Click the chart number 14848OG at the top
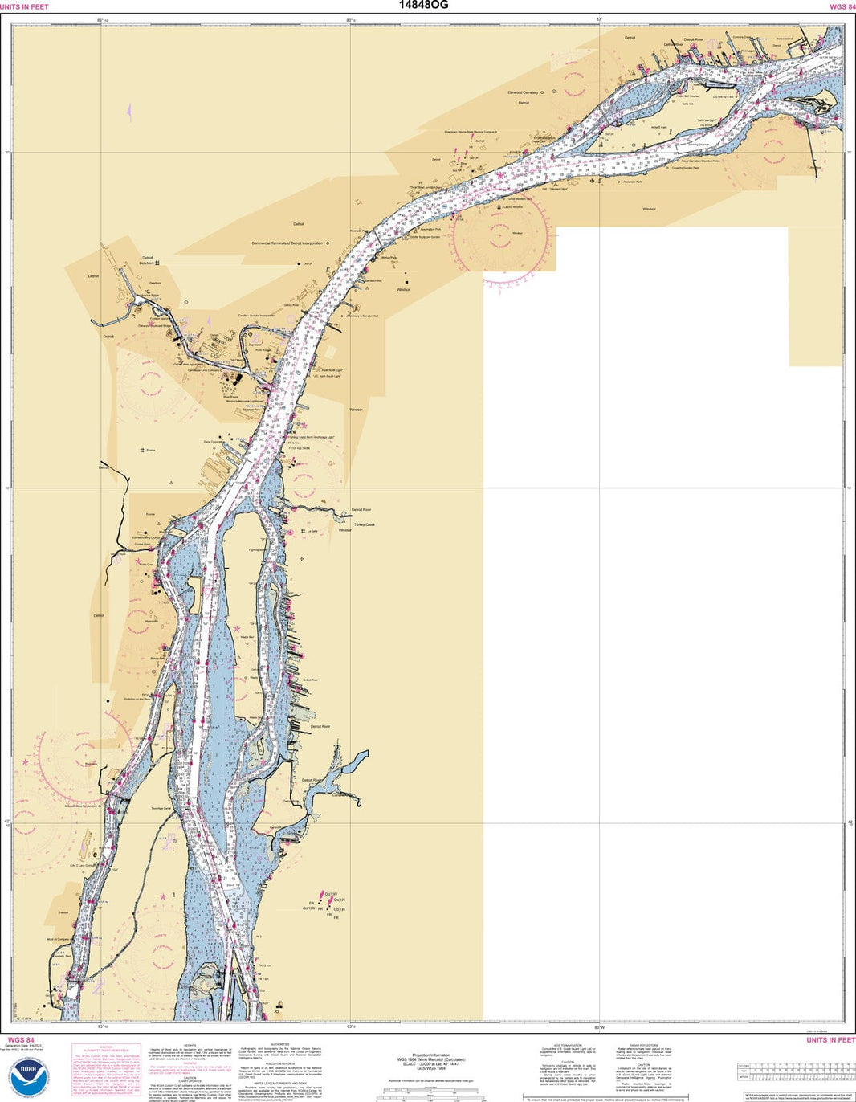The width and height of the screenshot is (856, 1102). [x=424, y=5]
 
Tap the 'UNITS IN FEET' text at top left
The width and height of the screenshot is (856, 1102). [x=24, y=6]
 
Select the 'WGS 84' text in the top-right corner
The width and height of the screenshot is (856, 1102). [x=842, y=6]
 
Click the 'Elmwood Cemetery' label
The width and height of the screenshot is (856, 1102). [x=523, y=92]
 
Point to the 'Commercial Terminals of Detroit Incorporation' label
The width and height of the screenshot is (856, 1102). [x=287, y=243]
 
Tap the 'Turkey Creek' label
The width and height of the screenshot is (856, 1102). [x=365, y=524]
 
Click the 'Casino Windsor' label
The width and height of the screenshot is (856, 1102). [x=513, y=207]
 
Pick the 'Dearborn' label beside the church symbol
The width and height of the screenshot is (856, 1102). [x=146, y=263]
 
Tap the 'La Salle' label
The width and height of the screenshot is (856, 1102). [x=312, y=531]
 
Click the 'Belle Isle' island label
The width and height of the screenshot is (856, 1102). [x=687, y=104]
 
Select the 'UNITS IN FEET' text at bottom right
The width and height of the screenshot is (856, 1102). [x=831, y=1040]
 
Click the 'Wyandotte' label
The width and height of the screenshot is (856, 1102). [x=151, y=621]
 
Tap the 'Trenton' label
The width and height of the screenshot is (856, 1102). [x=63, y=912]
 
